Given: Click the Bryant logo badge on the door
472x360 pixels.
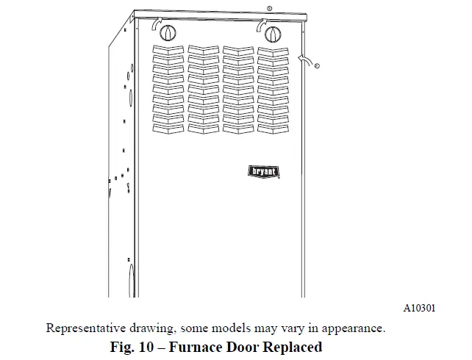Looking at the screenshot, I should click(x=262, y=171).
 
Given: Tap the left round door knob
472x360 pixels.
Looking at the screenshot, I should click(x=168, y=34).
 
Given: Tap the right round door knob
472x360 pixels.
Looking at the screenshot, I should click(x=272, y=34).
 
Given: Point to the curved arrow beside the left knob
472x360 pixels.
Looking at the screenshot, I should click(x=154, y=26).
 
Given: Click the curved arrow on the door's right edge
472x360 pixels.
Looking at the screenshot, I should click(x=304, y=58).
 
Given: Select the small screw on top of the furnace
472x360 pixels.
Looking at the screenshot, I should click(x=270, y=7).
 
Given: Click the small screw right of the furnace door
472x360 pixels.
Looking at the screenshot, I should click(x=317, y=66).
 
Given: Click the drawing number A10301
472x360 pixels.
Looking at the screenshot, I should click(x=419, y=309).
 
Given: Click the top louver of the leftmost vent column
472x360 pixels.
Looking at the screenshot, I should click(x=168, y=49).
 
